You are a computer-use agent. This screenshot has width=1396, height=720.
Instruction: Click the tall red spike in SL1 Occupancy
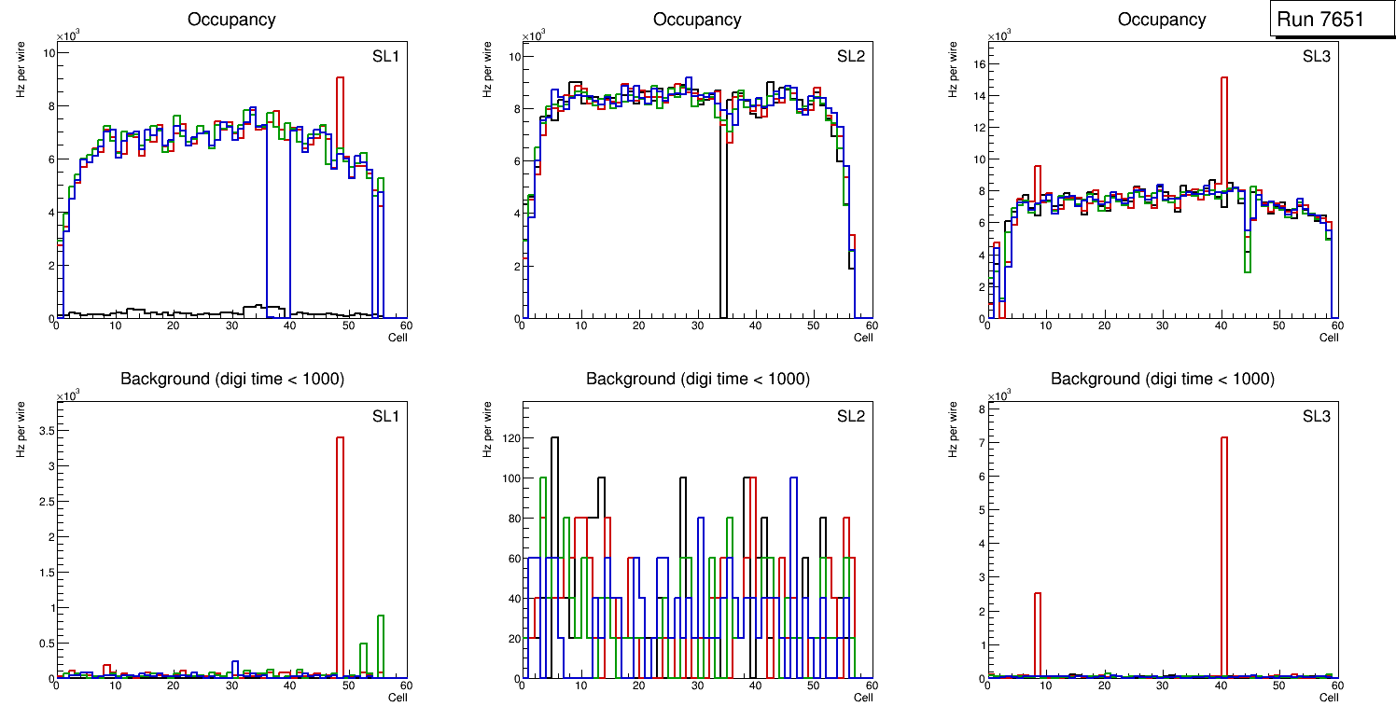341,112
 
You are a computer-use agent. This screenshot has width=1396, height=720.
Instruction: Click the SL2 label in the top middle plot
851,56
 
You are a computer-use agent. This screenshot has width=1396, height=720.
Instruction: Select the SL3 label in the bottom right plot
1316,416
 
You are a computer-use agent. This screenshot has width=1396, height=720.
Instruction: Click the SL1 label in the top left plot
385,56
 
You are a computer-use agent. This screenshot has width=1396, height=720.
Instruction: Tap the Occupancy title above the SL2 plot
697,20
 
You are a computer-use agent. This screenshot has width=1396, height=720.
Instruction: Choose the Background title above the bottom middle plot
697,379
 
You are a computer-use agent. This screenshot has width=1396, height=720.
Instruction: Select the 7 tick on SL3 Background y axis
978,442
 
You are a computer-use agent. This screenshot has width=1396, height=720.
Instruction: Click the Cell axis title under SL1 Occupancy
398,338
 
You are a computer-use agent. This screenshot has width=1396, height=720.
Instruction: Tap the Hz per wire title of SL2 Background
486,429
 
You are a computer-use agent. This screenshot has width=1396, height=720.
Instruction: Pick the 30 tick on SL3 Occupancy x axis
1162,325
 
